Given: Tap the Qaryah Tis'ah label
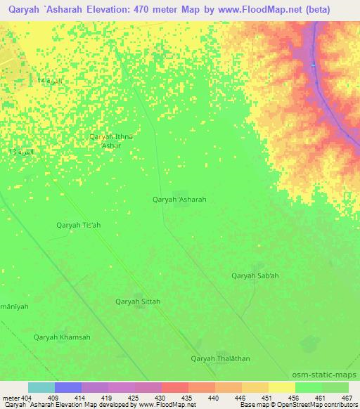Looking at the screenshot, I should coord(78,225).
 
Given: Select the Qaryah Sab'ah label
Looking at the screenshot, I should coord(255,275).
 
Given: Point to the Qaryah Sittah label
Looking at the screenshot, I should coord(138,301).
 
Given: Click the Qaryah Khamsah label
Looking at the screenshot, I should coord(62,337).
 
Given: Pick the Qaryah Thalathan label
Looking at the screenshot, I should coord(220,358).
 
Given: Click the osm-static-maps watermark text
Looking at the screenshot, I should coord(325,375).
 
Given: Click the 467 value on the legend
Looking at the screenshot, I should coord(346,397).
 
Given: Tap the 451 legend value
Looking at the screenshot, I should coord(265,397).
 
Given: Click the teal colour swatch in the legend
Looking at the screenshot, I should coord(41,387).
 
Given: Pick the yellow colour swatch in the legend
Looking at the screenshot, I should coord(281,387).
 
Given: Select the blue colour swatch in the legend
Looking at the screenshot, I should coord(67,387).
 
